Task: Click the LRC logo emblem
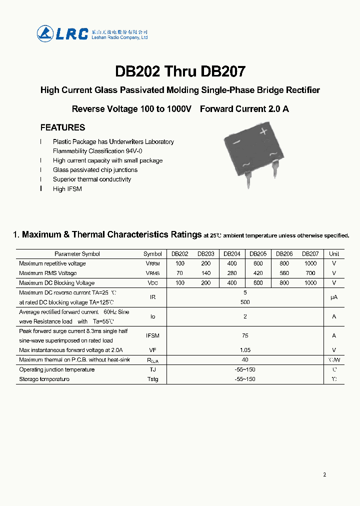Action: [45, 33]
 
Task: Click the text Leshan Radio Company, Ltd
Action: [119, 37]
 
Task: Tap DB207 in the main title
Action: [223, 71]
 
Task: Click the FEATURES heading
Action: [62, 127]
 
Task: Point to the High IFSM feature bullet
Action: [67, 189]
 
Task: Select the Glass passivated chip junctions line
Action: [95, 170]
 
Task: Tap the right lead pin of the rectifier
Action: [275, 170]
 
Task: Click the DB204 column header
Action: [232, 254]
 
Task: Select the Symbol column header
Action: [152, 254]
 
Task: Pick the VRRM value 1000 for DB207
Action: [310, 263]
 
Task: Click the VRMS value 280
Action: [232, 273]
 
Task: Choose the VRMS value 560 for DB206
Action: [284, 273]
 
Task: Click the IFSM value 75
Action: [245, 335]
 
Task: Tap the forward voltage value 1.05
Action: [245, 350]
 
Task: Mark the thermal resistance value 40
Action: [245, 359]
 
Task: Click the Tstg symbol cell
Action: [152, 379]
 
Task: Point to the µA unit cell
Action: [334, 297]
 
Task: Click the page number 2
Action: [324, 474]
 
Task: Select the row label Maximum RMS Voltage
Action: [48, 273]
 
